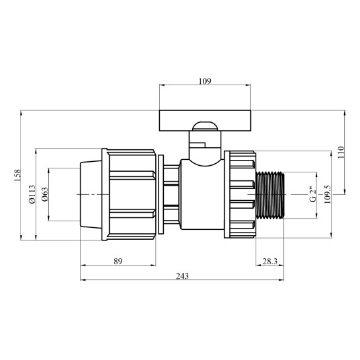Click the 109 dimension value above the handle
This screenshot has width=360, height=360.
[204, 82]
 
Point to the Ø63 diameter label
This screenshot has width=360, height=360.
[44, 195]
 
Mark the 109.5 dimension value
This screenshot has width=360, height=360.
[326, 195]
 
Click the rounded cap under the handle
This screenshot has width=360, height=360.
[205, 128]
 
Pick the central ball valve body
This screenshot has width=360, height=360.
[203, 194]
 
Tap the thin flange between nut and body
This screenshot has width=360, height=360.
[159, 194]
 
